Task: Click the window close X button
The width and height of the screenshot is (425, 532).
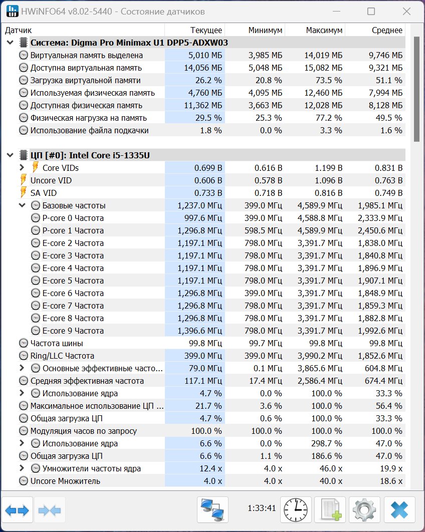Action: coord(406,11)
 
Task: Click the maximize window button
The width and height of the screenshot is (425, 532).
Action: coord(371,11)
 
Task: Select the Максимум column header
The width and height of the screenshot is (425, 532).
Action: coord(324,30)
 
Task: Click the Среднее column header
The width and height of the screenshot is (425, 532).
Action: coord(387,30)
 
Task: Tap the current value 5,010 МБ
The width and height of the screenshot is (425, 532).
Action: coord(205,55)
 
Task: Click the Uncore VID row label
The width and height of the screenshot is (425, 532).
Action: coord(51,180)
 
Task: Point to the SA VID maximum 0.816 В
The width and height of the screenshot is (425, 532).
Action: coord(328,193)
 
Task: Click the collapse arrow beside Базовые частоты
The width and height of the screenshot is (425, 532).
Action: coord(22,205)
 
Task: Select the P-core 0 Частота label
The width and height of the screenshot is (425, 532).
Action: coord(73,218)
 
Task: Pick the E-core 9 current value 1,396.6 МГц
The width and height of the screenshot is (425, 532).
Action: coord(199,331)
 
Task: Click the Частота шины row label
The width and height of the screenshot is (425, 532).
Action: coord(57,343)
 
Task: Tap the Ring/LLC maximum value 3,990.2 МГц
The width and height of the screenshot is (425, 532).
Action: coord(320,356)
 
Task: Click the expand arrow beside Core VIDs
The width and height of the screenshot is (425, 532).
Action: coord(22,168)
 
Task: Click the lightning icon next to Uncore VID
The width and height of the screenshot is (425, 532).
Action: coord(23,180)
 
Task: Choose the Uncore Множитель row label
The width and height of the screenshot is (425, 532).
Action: coord(65,481)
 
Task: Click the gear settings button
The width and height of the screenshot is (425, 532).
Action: coord(364,509)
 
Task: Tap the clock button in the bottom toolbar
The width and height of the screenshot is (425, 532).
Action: coord(296,509)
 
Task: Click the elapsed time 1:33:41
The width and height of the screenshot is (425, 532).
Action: coord(262,508)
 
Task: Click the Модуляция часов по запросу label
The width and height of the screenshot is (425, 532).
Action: coord(84,431)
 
